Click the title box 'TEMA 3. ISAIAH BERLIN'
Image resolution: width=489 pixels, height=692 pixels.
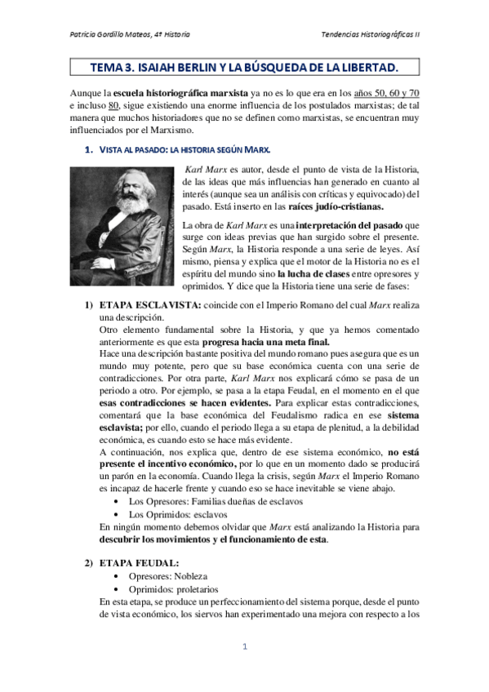(x=244, y=66)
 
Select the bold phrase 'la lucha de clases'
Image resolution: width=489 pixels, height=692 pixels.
(x=319, y=274)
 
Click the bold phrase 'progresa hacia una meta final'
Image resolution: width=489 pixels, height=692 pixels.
(x=265, y=343)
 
